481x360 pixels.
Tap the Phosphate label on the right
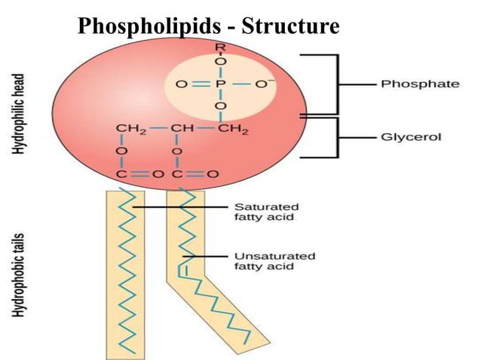pos(419,84)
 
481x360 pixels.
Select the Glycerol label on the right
pos(412,138)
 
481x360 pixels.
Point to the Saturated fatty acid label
pos(267,212)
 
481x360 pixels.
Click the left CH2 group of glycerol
pos(130,130)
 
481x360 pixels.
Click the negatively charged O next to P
pos(262,84)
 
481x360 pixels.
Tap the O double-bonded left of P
pos(182,84)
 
